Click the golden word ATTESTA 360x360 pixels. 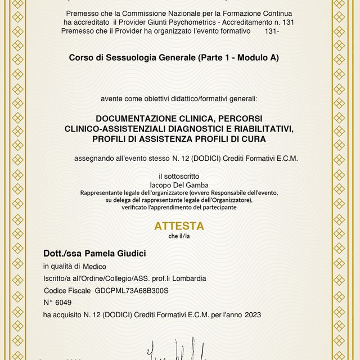[x=179, y=226]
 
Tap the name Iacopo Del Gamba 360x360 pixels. [x=179, y=184]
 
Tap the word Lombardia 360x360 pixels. [x=188, y=278]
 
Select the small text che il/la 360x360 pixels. [x=179, y=236]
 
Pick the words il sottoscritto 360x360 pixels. [x=179, y=176]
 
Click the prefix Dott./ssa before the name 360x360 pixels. [x=64, y=254]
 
